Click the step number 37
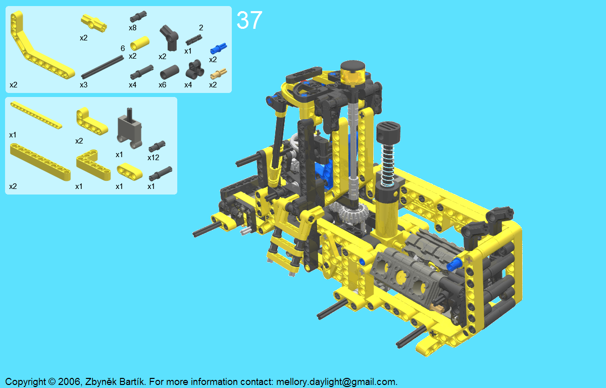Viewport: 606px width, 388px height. pos(249,20)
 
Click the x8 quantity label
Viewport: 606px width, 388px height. pos(132,28)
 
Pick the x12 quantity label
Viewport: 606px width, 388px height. pos(154,158)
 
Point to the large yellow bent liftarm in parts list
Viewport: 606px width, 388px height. pos(40,46)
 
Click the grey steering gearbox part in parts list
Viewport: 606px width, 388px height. pos(130,128)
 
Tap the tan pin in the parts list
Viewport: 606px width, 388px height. pos(218,73)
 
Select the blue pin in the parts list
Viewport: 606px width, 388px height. pos(218,48)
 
